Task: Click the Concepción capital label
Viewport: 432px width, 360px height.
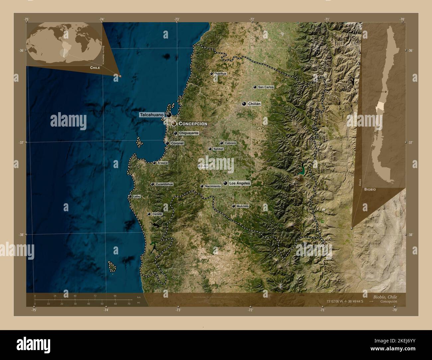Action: [x=193, y=124]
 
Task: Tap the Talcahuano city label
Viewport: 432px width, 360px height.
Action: [x=152, y=115]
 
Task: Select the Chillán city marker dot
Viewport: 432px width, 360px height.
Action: [x=244, y=104]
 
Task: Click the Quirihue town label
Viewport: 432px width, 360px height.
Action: [x=220, y=74]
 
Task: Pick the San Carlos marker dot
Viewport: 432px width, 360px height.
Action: [x=255, y=87]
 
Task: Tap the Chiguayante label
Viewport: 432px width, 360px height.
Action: [x=189, y=133]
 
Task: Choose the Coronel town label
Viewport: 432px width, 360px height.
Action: [x=177, y=143]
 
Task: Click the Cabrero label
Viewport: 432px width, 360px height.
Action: [x=230, y=143]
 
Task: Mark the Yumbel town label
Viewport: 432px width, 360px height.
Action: [x=218, y=149]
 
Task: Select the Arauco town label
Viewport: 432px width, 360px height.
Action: [x=162, y=163]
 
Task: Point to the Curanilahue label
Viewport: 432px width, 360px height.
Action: [x=164, y=184]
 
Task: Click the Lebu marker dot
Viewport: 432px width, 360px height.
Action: [x=130, y=197]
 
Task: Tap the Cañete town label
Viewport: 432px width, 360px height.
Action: [x=157, y=214]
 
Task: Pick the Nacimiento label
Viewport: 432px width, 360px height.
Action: [x=213, y=186]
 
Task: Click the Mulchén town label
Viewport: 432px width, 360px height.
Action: [x=242, y=206]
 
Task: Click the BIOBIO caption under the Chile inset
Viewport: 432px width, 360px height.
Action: [x=370, y=189]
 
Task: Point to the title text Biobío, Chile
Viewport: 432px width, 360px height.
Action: [x=383, y=297]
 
